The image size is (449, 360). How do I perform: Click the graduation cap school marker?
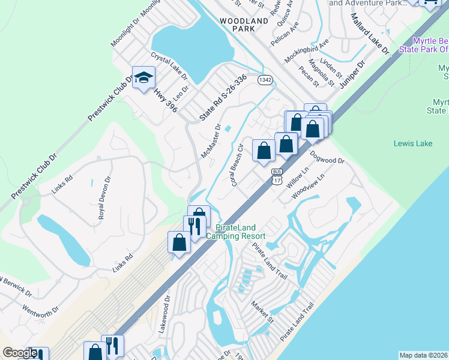[x=144, y=77]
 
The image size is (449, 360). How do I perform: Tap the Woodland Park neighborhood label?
[x=244, y=25]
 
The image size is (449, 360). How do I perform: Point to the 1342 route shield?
[x=264, y=79]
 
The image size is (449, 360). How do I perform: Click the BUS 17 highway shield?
[x=276, y=176]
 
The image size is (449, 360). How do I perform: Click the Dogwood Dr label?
[x=327, y=157]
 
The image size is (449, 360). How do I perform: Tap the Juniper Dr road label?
[x=352, y=74]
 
